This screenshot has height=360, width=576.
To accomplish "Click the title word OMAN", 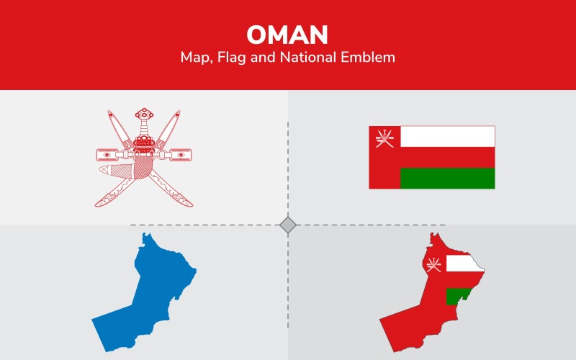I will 287,34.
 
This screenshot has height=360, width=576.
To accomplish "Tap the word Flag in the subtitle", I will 238,58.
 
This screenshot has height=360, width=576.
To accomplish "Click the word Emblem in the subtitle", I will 370,58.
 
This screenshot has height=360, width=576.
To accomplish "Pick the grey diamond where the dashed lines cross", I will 288,225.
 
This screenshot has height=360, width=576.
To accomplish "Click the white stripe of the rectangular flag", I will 447,136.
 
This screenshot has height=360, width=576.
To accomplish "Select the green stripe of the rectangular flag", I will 447,178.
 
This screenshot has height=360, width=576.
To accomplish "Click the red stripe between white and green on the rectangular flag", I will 447,157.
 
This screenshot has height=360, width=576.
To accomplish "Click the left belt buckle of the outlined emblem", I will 107,154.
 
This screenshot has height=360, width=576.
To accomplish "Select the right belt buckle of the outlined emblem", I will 181,153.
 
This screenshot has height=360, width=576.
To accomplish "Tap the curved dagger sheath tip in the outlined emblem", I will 103,170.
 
